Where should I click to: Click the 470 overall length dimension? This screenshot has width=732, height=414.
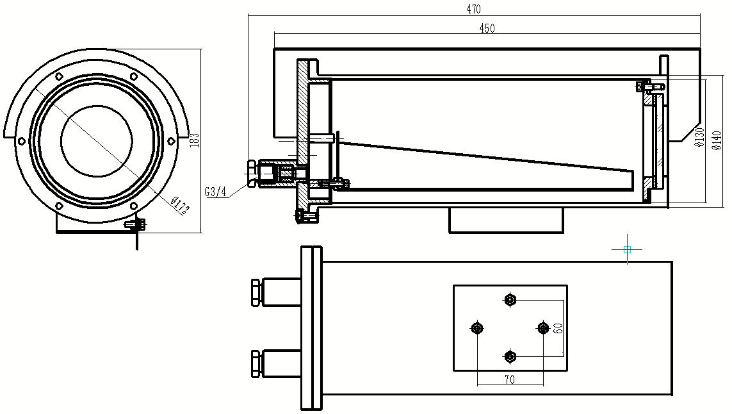pyautogui.click(x=473, y=9)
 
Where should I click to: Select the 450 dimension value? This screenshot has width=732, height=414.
pyautogui.click(x=487, y=28)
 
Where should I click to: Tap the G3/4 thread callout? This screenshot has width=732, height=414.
pyautogui.click(x=216, y=191)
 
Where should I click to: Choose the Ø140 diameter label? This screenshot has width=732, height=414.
pyautogui.click(x=717, y=139)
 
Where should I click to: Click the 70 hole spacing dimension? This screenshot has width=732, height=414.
pyautogui.click(x=510, y=379)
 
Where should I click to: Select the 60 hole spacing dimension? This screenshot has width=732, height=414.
pyautogui.click(x=558, y=328)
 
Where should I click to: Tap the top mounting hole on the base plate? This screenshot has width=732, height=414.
pyautogui.click(x=510, y=299)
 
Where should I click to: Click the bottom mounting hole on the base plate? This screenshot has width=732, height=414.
pyautogui.click(x=510, y=356)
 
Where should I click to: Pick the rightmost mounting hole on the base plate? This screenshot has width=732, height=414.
pyautogui.click(x=543, y=328)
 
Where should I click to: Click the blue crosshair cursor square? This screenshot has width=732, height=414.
pyautogui.click(x=627, y=249)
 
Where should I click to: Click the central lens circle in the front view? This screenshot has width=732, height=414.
pyautogui.click(x=97, y=140)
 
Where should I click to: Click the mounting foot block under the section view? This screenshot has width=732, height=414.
pyautogui.click(x=506, y=220)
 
